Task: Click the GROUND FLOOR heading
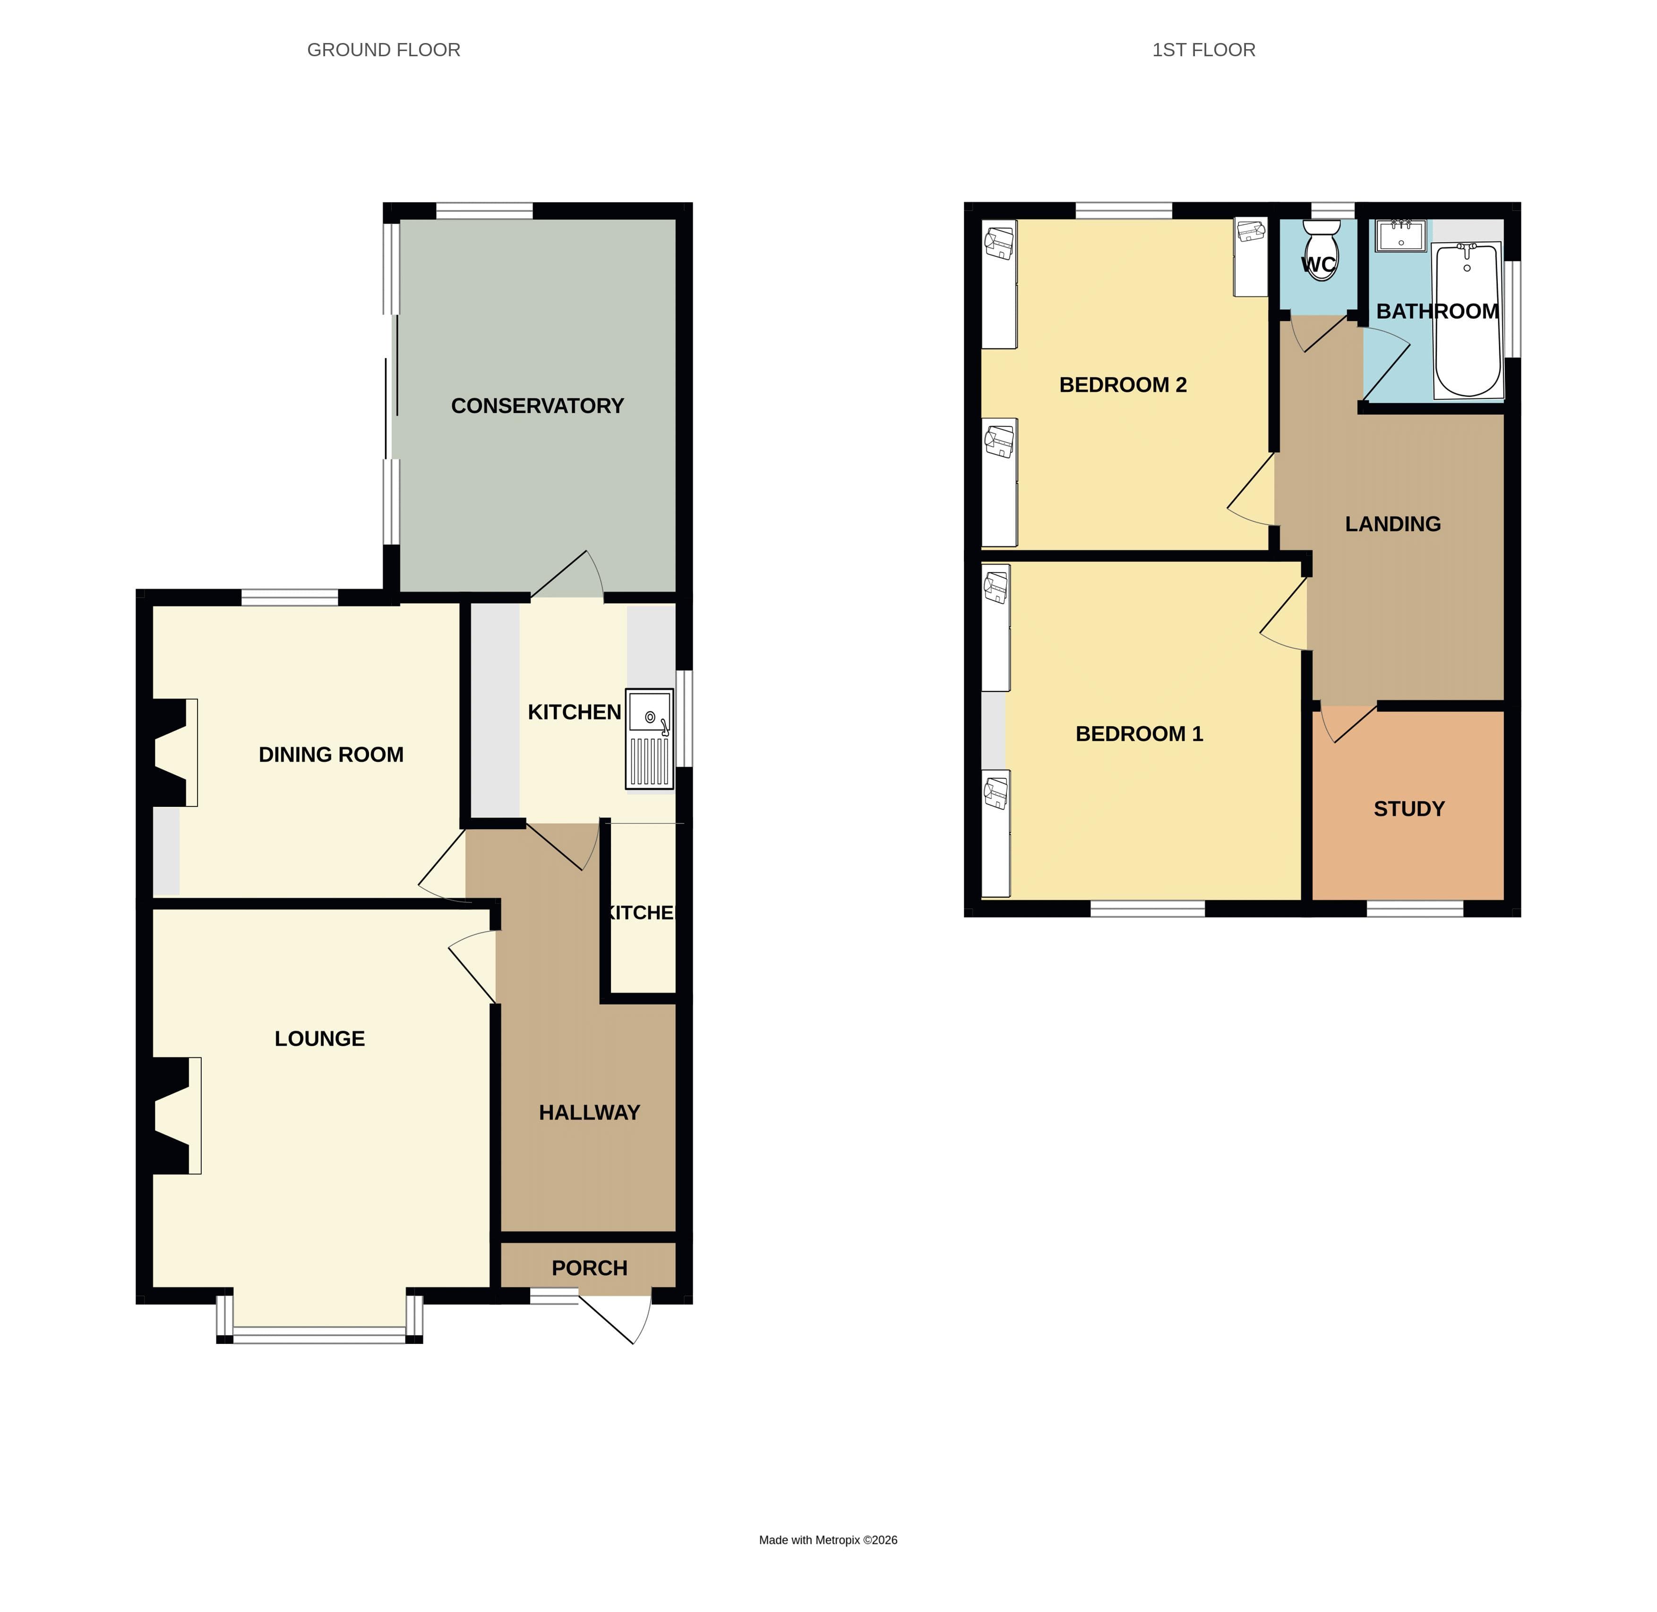click(x=383, y=50)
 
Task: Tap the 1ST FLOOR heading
click(x=1203, y=50)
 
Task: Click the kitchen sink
click(x=649, y=739)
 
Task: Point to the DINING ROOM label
click(x=331, y=754)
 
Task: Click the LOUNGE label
click(x=320, y=1039)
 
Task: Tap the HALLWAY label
click(x=589, y=1112)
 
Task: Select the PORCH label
click(x=589, y=1268)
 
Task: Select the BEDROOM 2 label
click(x=1123, y=385)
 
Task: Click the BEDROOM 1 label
click(x=1139, y=734)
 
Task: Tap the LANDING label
click(x=1393, y=524)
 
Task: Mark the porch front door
click(x=615, y=1318)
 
